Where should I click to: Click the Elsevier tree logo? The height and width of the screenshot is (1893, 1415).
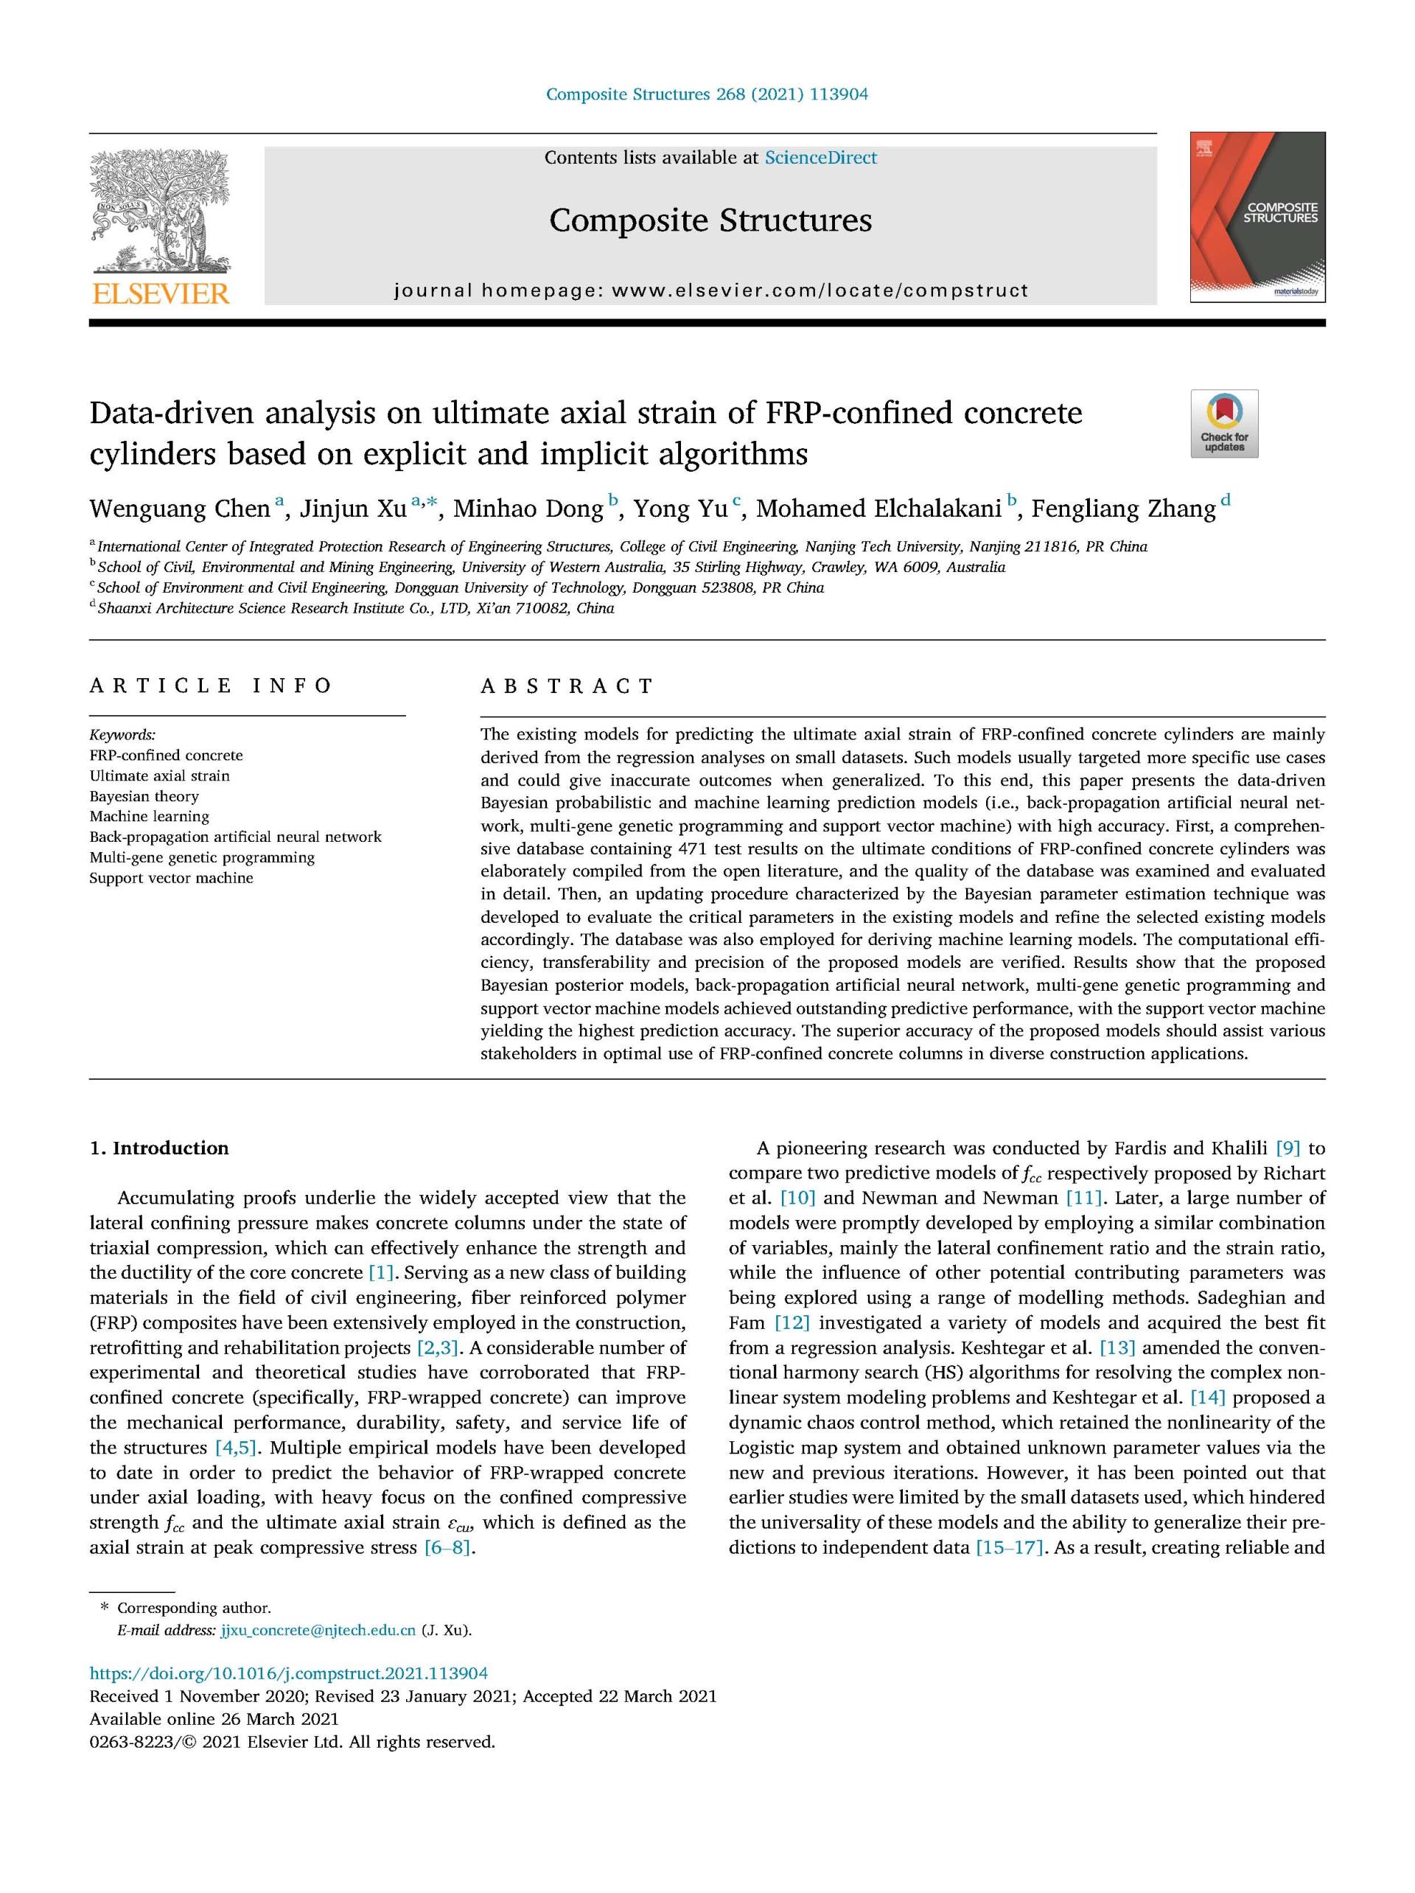click(160, 212)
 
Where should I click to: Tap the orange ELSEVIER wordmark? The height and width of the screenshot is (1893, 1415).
click(160, 293)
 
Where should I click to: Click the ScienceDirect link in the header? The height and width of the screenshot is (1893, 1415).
click(820, 158)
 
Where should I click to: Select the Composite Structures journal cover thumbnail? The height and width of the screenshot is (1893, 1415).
click(1257, 217)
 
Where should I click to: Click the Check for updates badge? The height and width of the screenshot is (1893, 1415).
click(1224, 423)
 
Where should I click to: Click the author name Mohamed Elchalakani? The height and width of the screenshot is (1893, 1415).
click(878, 509)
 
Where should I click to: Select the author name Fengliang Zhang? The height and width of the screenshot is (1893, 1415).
click(1122, 509)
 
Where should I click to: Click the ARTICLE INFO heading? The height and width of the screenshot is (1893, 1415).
click(211, 686)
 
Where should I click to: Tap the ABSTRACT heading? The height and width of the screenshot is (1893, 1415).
click(567, 686)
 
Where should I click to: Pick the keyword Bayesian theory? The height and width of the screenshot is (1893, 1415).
click(144, 796)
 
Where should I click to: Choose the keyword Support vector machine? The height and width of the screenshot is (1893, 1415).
click(171, 878)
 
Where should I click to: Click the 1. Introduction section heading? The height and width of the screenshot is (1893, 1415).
click(159, 1148)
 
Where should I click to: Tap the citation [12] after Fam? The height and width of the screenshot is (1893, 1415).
click(792, 1323)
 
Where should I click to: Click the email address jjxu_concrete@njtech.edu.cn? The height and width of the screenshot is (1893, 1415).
click(318, 1631)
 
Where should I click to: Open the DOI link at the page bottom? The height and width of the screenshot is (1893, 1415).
click(288, 1674)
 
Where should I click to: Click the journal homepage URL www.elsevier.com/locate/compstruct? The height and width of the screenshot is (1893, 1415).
click(820, 291)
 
